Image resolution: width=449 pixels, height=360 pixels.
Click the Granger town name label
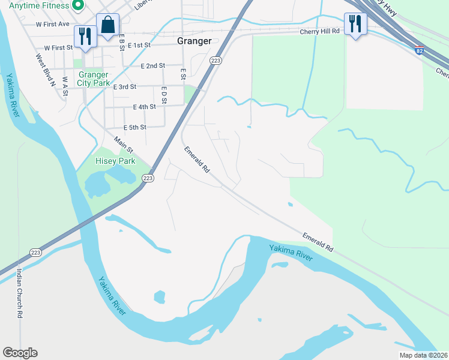tap(194, 41)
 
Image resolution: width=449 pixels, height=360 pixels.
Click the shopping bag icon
tap(107, 25)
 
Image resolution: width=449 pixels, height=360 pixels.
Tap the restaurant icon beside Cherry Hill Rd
tap(355, 23)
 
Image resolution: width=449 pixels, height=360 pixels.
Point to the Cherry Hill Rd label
tap(319, 31)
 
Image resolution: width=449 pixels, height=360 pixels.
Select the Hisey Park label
tap(116, 161)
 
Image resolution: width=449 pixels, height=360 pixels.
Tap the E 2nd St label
tap(152, 66)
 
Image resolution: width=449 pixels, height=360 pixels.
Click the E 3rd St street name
tap(125, 87)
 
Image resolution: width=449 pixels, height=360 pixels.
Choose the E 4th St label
tap(144, 107)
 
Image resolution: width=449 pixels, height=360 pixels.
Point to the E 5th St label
tap(135, 128)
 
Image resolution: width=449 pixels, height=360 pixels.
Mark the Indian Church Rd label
tap(19, 293)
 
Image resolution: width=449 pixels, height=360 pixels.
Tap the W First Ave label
tap(53, 25)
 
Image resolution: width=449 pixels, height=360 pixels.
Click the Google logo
tap(20, 353)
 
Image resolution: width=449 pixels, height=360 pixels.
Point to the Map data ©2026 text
tap(423, 355)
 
